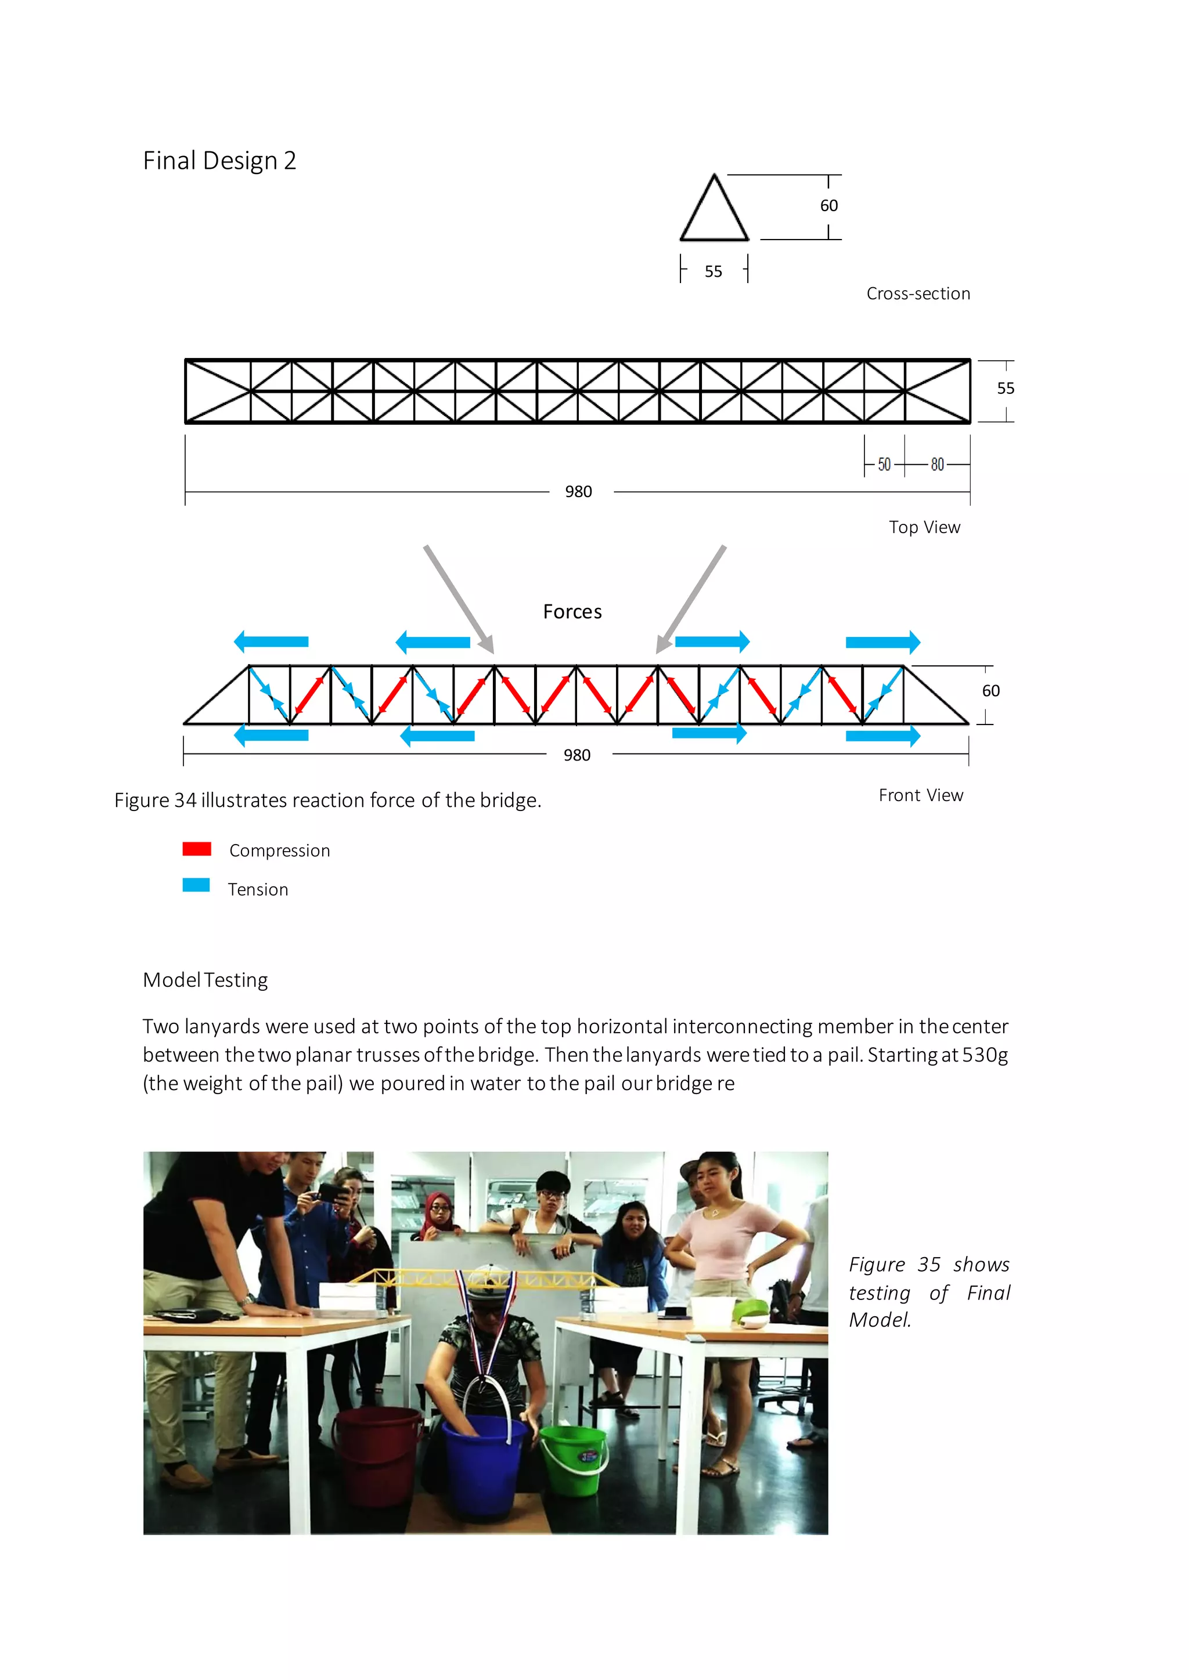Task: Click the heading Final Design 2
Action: pyautogui.click(x=219, y=161)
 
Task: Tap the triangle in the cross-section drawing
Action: pyautogui.click(x=714, y=212)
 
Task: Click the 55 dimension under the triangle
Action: pyautogui.click(x=713, y=271)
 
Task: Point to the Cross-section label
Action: pyautogui.click(x=918, y=294)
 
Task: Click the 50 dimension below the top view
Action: pyautogui.click(x=884, y=465)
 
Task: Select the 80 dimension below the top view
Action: pyautogui.click(x=937, y=465)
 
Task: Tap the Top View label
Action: pyautogui.click(x=924, y=527)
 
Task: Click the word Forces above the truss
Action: pyautogui.click(x=572, y=611)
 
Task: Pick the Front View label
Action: pyautogui.click(x=920, y=795)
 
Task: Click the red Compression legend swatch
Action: pyautogui.click(x=197, y=849)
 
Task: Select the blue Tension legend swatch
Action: pyautogui.click(x=196, y=885)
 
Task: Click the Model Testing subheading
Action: pyautogui.click(x=205, y=980)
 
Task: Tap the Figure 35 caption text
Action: pyautogui.click(x=928, y=1292)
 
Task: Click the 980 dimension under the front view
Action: pyautogui.click(x=577, y=755)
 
